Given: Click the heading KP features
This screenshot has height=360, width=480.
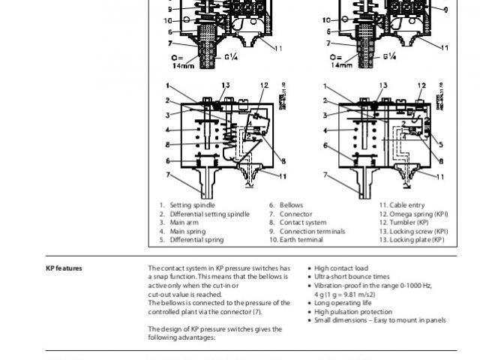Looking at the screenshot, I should (64, 268).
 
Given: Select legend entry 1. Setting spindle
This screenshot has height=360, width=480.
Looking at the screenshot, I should (187, 205).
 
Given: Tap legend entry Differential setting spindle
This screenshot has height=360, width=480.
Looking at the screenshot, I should (204, 214).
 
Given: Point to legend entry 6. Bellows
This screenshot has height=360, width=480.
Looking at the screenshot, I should (286, 205).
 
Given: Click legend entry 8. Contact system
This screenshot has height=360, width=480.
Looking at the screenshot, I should (298, 223).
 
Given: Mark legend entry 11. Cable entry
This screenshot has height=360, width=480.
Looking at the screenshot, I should (402, 205).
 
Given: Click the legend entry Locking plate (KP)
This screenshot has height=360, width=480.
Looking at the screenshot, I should (412, 240).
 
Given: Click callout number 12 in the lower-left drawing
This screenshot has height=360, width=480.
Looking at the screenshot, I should (264, 86).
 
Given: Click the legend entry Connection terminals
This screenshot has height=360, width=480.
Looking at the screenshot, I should (302, 231).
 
